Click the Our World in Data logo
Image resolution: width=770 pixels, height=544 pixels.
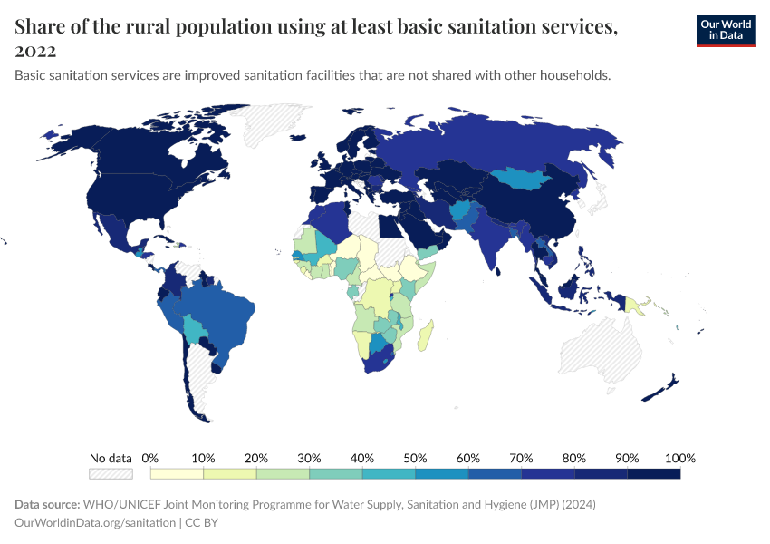click(725, 29)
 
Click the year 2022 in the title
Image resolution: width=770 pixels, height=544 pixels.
click(35, 51)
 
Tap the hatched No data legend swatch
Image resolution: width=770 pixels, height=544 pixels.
click(111, 473)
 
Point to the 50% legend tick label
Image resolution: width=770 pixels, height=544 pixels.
click(415, 458)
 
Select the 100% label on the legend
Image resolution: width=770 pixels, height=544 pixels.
click(679, 458)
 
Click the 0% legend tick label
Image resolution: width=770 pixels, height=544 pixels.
click(150, 458)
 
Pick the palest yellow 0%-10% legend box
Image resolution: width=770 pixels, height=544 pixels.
click(177, 473)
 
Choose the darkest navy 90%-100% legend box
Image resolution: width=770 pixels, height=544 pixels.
click(653, 473)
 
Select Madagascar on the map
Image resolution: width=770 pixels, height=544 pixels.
click(426, 334)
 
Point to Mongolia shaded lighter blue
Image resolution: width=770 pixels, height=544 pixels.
click(526, 180)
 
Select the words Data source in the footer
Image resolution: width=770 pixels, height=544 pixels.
click(47, 504)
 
